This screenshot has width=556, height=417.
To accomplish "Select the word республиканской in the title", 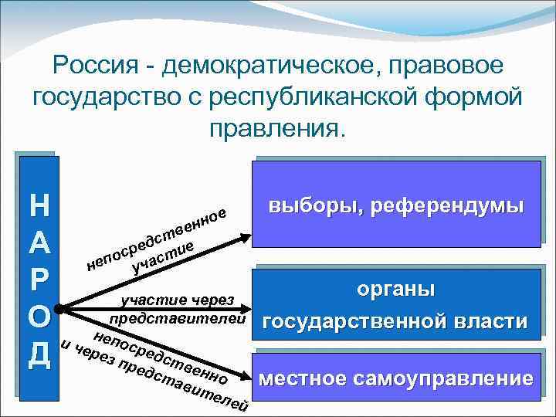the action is pyautogui.click(x=372, y=98).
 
